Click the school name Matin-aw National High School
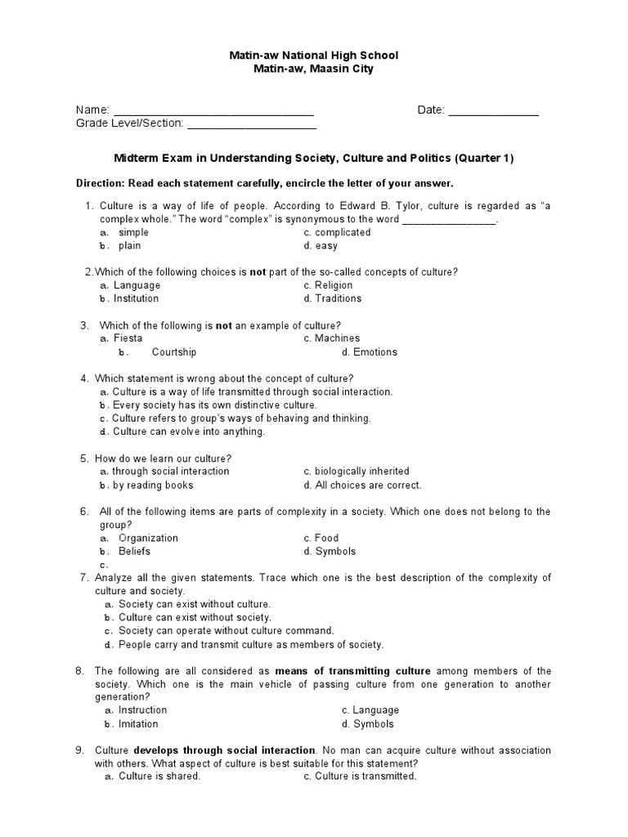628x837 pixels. point(313,56)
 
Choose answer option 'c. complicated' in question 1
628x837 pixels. point(336,232)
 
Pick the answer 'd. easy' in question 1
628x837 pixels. point(320,245)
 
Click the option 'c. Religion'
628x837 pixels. point(327,285)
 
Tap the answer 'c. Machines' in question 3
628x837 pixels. point(331,338)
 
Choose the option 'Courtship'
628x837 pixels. point(173,352)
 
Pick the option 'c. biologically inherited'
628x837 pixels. point(356,472)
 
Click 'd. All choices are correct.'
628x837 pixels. point(361,485)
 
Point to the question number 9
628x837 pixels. point(80,750)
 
